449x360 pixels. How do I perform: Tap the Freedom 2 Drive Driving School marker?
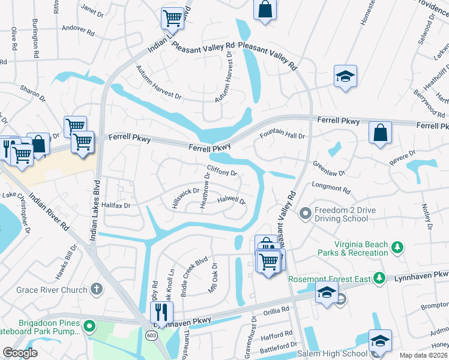306,212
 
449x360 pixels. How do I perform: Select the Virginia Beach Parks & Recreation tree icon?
396,247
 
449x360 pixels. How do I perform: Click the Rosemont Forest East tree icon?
379,278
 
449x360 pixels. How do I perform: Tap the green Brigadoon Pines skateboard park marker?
89,326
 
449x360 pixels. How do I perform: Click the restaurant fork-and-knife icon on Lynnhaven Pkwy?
161,311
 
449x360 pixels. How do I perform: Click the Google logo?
20,353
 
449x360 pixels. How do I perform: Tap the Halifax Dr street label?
116,205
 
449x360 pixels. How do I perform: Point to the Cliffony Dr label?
221,172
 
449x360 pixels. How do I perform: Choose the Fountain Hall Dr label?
283,136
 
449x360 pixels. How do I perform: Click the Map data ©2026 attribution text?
423,355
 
